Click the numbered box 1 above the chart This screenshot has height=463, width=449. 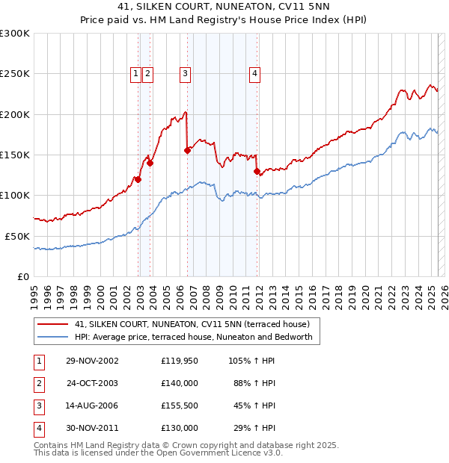pyautogui.click(x=135, y=73)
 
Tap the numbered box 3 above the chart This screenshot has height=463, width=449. pyautogui.click(x=184, y=73)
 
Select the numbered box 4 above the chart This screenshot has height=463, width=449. pyautogui.click(x=255, y=73)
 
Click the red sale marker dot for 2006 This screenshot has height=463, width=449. pyautogui.click(x=187, y=150)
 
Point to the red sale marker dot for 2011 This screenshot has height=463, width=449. pyautogui.click(x=257, y=171)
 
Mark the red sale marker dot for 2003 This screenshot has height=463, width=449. pyautogui.click(x=150, y=163)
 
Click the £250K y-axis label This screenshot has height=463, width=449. pyautogui.click(x=15, y=74)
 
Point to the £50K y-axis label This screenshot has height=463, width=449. pyautogui.click(x=18, y=236)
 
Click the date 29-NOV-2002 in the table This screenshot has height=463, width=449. pyautogui.click(x=92, y=361)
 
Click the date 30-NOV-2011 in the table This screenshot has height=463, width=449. pyautogui.click(x=92, y=428)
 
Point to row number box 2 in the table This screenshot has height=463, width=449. pyautogui.click(x=37, y=383)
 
